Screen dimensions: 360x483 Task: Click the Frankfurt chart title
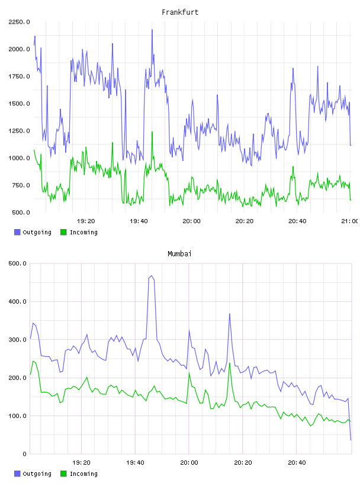coord(180,12)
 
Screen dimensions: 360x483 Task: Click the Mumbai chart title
coord(179,254)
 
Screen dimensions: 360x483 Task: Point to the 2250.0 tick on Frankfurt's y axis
coord(20,22)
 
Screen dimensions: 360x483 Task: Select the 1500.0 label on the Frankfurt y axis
coord(20,104)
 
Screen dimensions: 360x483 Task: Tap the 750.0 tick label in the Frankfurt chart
coord(21,185)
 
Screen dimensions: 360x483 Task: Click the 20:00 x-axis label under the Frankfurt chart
coord(191,221)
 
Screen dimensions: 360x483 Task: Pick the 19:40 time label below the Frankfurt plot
coord(139,221)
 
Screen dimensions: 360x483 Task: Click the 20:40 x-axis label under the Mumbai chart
coord(297,463)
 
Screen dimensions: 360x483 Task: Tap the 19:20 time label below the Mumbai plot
coord(81,463)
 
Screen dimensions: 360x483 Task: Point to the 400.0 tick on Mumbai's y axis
coord(18,301)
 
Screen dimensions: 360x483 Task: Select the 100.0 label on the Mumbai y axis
coord(18,416)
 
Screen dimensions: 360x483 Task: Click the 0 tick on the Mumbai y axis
coord(25,454)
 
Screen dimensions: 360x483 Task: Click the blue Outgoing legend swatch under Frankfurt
coord(17,232)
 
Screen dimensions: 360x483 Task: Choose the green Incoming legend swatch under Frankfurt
coord(63,232)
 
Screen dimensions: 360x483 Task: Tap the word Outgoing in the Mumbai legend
coord(37,474)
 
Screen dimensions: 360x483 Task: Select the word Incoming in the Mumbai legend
coord(83,474)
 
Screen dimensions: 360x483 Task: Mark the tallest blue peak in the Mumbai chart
coord(152,276)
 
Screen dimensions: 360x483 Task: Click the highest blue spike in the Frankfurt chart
coord(152,30)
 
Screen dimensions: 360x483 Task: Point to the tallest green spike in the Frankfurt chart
coord(152,132)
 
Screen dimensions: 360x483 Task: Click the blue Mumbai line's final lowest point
coord(351,440)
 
